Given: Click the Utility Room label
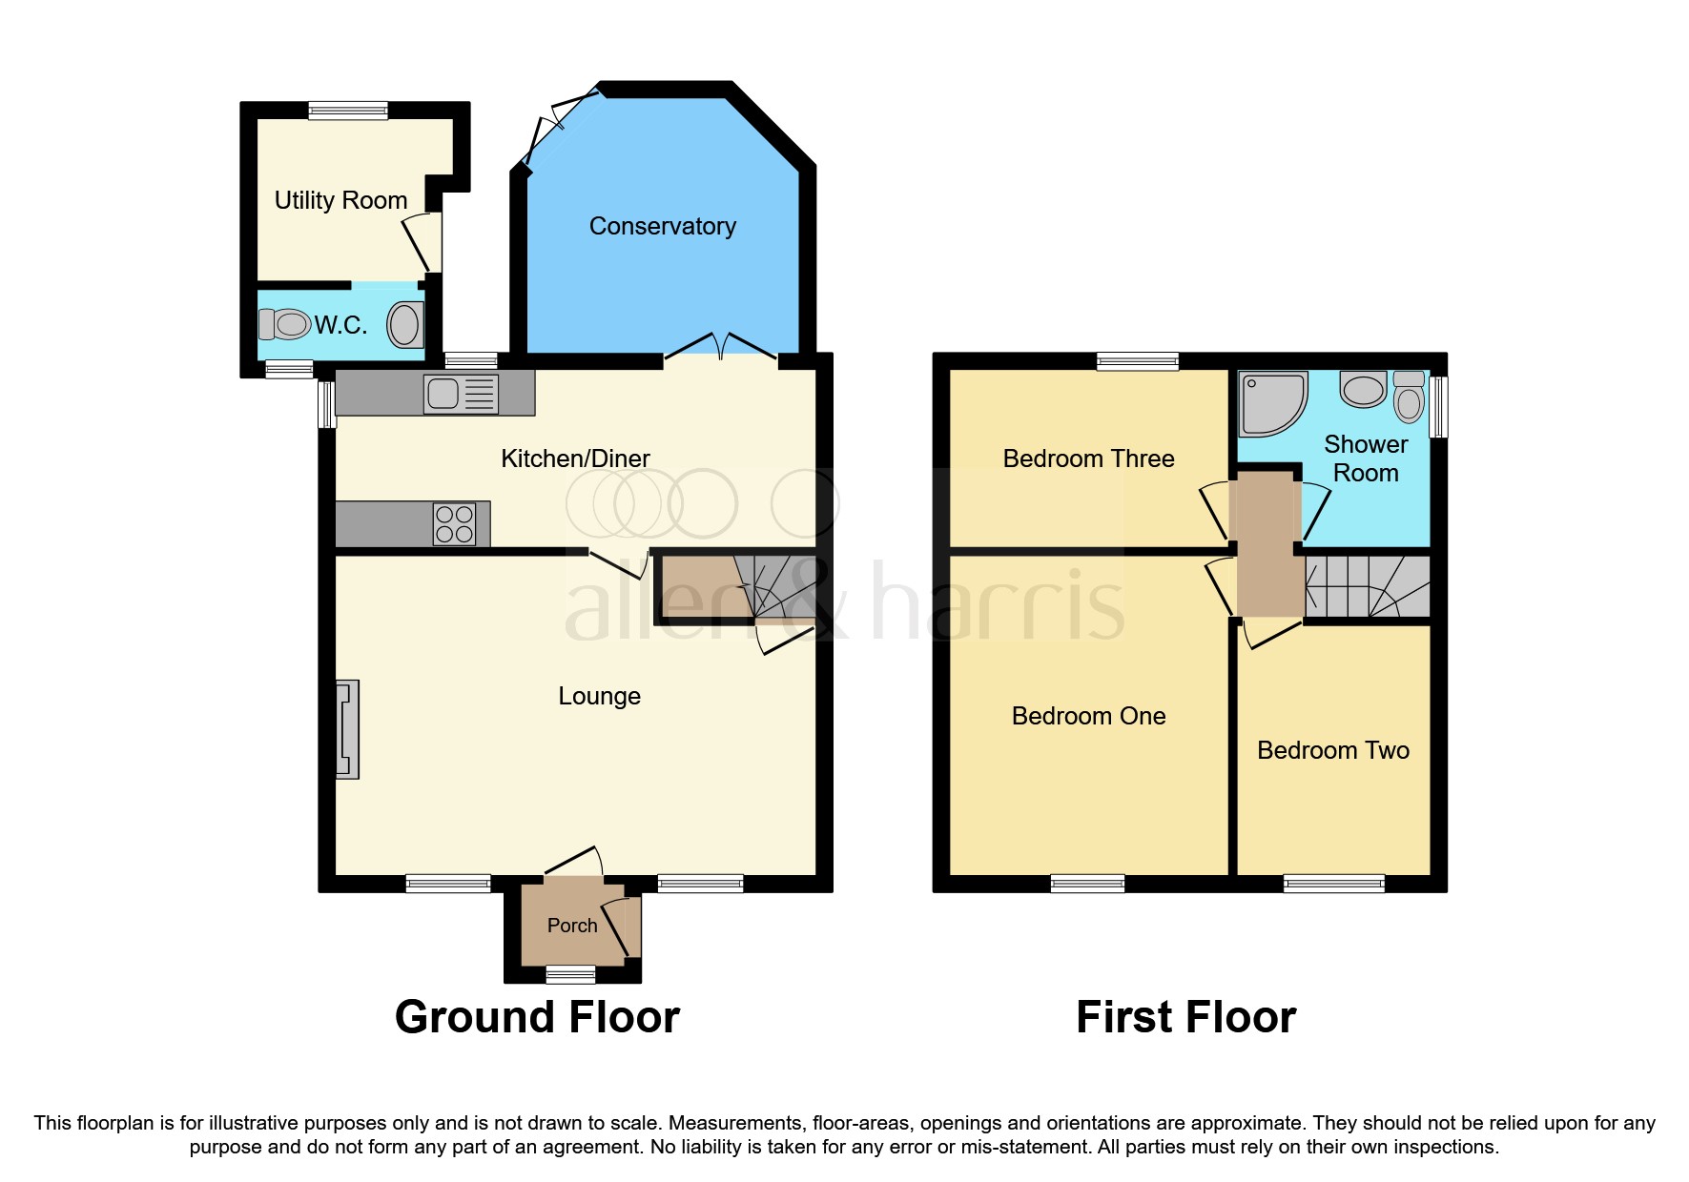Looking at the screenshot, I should tap(340, 200).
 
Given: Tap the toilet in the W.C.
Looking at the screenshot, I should tap(285, 324).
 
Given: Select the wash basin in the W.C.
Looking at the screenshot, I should tap(404, 325).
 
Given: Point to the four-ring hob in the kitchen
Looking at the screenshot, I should tap(454, 524).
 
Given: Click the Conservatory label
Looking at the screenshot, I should tap(662, 226).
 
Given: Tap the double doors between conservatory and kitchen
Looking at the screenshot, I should tap(721, 348).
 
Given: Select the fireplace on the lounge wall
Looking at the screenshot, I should tap(347, 729).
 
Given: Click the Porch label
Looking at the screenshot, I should tap(572, 926).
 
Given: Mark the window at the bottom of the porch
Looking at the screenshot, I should tap(570, 974).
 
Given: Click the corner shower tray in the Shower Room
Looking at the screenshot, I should tap(1271, 402).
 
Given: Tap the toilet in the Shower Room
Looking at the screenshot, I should tap(1409, 396).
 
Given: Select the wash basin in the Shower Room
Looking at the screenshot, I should tap(1363, 389).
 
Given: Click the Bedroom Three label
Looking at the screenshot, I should tap(1088, 459).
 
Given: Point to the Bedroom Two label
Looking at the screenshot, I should tap(1332, 750).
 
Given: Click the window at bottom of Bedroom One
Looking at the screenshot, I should tap(1087, 884).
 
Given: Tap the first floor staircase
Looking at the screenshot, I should tap(1368, 587).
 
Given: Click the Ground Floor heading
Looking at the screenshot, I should tap(537, 1017).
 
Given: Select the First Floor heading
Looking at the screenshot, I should tap(1185, 1017).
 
